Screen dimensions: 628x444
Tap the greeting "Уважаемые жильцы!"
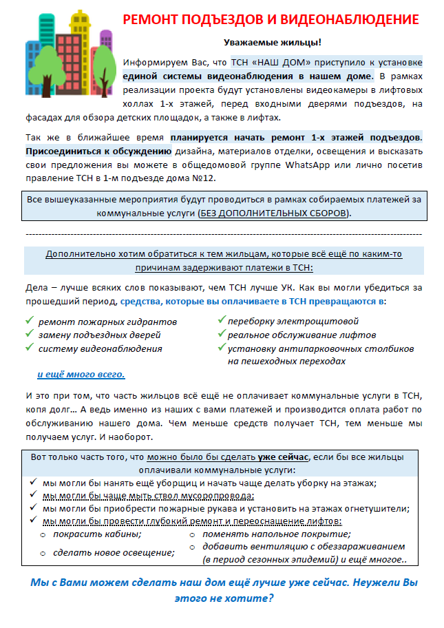272,43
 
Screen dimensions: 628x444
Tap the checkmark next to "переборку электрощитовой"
222,321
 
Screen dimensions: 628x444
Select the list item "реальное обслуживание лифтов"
302,335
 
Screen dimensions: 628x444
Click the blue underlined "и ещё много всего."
81,375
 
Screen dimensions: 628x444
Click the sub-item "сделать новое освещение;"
103,552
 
